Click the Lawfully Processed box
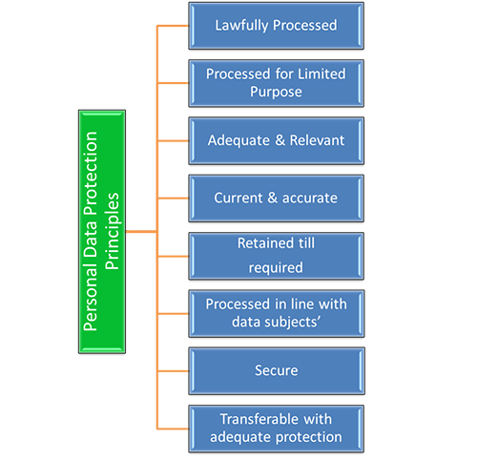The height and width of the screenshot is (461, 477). coord(276,26)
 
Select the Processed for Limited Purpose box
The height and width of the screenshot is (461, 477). coord(276,83)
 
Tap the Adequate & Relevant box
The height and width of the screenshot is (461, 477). coord(276,140)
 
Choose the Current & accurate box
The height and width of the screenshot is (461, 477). coord(276,198)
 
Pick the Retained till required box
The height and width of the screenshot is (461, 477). coord(276,255)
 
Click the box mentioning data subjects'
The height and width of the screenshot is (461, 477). coord(276,312)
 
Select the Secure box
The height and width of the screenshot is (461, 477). coord(276,369)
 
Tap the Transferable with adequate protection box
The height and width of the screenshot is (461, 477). coord(276,427)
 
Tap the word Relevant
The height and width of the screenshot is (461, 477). coord(315,140)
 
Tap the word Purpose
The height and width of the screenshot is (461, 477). coord(276,93)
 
